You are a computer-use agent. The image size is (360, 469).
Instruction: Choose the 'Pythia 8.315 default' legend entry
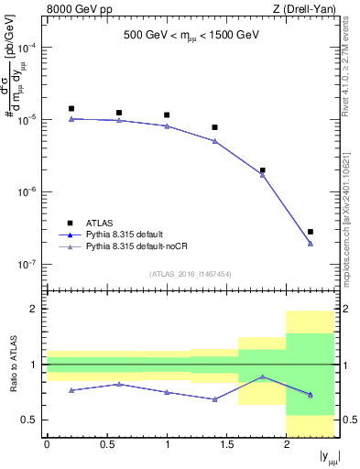tap(126, 234)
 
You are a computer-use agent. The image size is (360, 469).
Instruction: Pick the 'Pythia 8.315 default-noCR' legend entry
tap(136, 246)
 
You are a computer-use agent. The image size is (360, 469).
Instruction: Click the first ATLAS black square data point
tap(71, 108)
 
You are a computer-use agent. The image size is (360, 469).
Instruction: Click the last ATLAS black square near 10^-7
tap(311, 232)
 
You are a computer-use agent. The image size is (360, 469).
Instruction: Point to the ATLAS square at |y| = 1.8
tap(263, 169)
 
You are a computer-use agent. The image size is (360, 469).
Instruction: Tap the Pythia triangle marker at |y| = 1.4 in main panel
tap(214, 141)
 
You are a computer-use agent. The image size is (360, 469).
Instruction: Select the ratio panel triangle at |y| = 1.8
tap(263, 376)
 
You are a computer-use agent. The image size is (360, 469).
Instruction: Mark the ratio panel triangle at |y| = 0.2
tap(71, 390)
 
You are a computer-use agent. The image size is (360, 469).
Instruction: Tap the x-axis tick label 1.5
tap(226, 444)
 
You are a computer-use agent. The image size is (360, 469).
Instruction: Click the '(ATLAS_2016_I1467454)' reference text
tap(191, 273)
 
